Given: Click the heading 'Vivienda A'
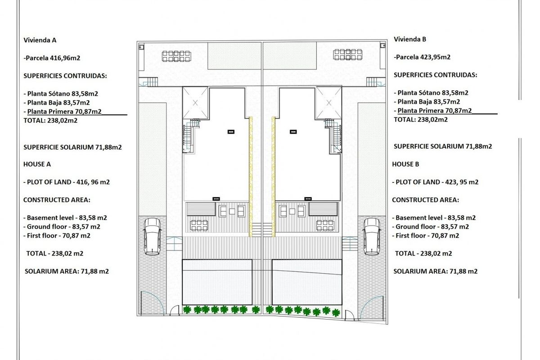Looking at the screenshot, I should point(40,40).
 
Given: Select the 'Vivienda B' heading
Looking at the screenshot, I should point(410,39).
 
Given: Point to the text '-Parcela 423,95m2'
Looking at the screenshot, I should point(422,57).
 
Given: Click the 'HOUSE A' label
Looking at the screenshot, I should point(37,164).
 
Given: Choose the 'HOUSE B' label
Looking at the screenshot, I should point(405,164).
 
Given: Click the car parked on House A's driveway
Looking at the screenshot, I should point(152,236).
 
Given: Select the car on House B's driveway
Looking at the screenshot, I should point(372,236).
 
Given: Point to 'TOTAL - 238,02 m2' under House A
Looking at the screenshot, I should point(54,253).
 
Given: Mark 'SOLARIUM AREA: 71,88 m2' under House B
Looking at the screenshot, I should point(435,271).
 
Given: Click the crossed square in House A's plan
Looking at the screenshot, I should point(196,103).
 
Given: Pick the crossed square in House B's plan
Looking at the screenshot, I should point(329,103).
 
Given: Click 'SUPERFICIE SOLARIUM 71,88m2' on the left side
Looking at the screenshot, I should point(72,147).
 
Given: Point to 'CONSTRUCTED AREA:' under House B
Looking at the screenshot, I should point(425,200).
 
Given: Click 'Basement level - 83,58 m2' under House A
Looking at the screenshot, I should point(65,218).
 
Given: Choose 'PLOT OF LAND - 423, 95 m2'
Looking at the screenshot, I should point(436,182).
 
